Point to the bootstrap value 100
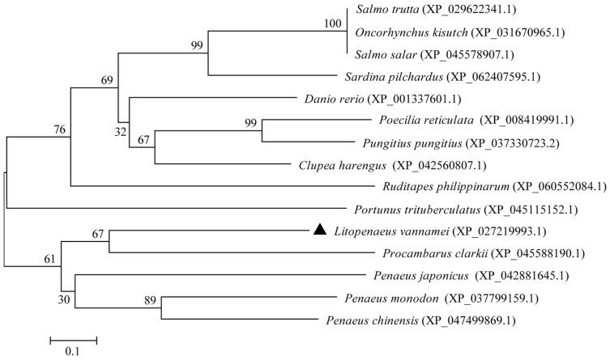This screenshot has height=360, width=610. click(332, 23)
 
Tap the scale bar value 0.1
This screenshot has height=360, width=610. click(75, 351)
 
